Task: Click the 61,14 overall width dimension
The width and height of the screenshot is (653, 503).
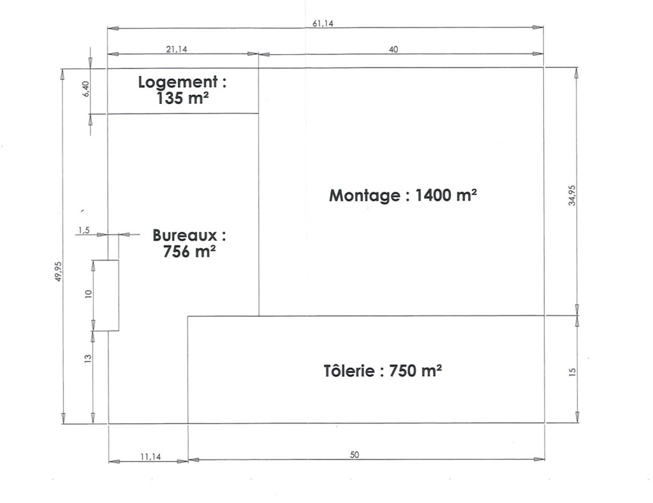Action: (x=323, y=24)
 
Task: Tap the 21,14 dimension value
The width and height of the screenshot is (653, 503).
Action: (x=177, y=49)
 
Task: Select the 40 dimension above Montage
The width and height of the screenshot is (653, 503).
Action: (x=393, y=49)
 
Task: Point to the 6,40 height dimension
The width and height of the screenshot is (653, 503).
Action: (x=86, y=89)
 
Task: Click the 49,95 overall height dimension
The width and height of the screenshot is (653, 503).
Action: (x=58, y=272)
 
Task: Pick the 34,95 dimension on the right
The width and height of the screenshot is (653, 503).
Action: (x=572, y=195)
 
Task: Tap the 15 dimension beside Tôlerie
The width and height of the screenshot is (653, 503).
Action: (x=572, y=372)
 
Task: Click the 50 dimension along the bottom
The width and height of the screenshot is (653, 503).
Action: (x=354, y=455)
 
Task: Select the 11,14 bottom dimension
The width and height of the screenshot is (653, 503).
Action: (x=150, y=457)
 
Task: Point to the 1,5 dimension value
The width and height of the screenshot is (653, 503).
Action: (x=84, y=230)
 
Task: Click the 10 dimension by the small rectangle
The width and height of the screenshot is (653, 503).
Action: (x=88, y=293)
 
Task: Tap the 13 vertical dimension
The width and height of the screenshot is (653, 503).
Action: (x=88, y=358)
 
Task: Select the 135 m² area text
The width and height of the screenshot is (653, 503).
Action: (x=183, y=99)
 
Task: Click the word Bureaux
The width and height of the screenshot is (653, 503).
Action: (x=185, y=235)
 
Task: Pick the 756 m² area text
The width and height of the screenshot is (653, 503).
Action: (x=189, y=251)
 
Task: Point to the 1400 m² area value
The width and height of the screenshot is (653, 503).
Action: (x=446, y=194)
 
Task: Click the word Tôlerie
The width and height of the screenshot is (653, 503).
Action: (x=349, y=370)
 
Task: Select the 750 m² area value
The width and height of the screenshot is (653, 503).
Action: (x=416, y=370)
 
